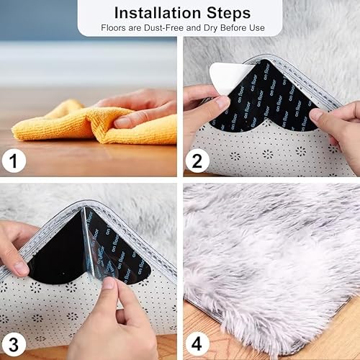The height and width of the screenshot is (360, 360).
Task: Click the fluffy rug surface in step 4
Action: pos(274,259)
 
